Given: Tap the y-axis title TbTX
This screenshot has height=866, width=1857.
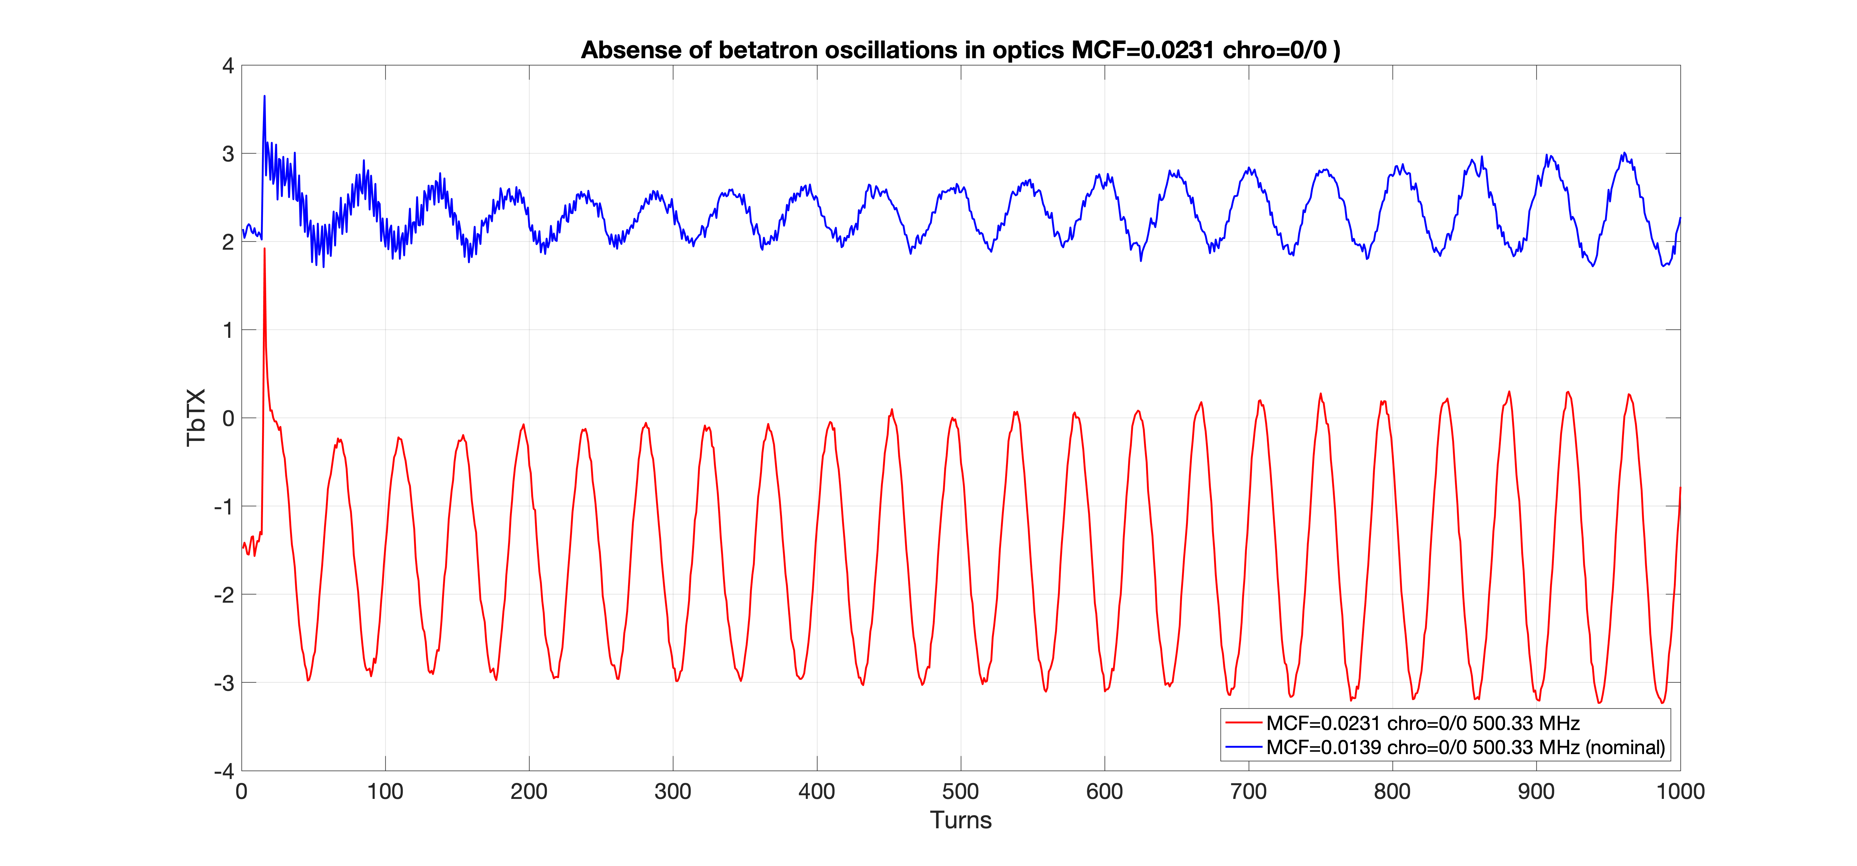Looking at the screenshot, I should pos(196,418).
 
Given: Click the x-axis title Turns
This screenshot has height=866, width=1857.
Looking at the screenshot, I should pos(960,820).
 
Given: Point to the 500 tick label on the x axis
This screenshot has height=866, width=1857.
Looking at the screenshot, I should pos(960,791).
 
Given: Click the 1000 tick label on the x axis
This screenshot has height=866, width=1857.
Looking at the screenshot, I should pos(1680,791).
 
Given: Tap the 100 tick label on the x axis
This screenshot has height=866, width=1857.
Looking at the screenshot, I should pos(385,791).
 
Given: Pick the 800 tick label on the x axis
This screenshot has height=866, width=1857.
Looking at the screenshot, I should pos(1392,791).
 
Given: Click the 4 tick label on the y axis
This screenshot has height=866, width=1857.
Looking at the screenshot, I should pos(228,66).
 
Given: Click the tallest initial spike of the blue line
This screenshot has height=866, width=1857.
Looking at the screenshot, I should pos(264,96).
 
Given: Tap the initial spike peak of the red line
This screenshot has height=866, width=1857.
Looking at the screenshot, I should pos(264,248).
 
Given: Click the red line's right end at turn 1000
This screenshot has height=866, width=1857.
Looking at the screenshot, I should pos(1680,488).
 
